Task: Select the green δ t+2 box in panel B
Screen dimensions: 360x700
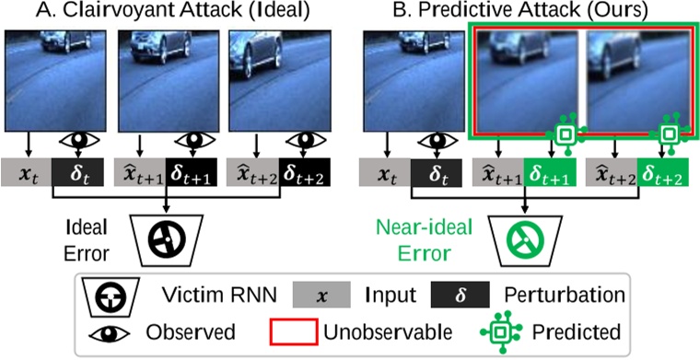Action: coord(667,172)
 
